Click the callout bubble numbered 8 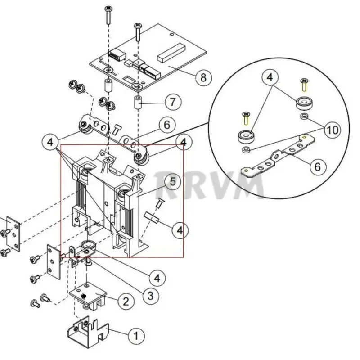coord(203,77)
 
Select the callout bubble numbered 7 coord(173,102)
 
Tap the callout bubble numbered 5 coord(173,182)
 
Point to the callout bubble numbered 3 coord(150,296)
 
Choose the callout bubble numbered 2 coord(126,301)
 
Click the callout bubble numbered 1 coord(136,336)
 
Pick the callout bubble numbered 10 coord(333,130)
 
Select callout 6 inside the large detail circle coord(318,166)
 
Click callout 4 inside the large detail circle coord(270,77)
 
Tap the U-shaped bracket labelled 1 coord(87,334)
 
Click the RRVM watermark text coord(209,185)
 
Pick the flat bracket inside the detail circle coord(278,157)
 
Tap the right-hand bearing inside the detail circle coord(305,104)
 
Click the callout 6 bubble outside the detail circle coord(167,125)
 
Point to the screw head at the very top coord(108,9)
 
